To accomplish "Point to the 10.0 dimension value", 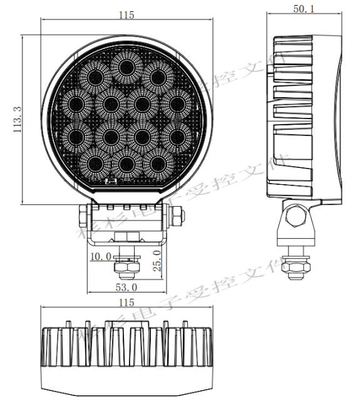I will click(101, 257).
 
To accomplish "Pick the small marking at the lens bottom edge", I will click(111, 182).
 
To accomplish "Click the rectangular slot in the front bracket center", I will click(127, 236).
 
